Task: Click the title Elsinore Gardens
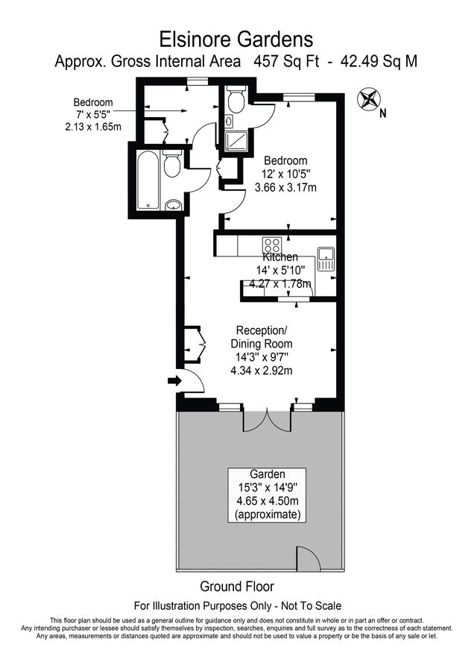pyautogui.click(x=236, y=38)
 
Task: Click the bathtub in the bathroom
pyautogui.click(x=146, y=180)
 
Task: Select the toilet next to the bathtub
pyautogui.click(x=171, y=166)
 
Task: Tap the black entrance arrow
pyautogui.click(x=174, y=381)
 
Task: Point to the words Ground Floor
pyautogui.click(x=237, y=586)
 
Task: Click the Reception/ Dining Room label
pyautogui.click(x=261, y=337)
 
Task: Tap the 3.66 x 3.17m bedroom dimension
pyautogui.click(x=285, y=187)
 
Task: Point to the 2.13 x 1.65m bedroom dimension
pyautogui.click(x=93, y=127)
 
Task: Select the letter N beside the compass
pyautogui.click(x=382, y=114)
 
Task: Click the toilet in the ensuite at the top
pyautogui.click(x=236, y=101)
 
